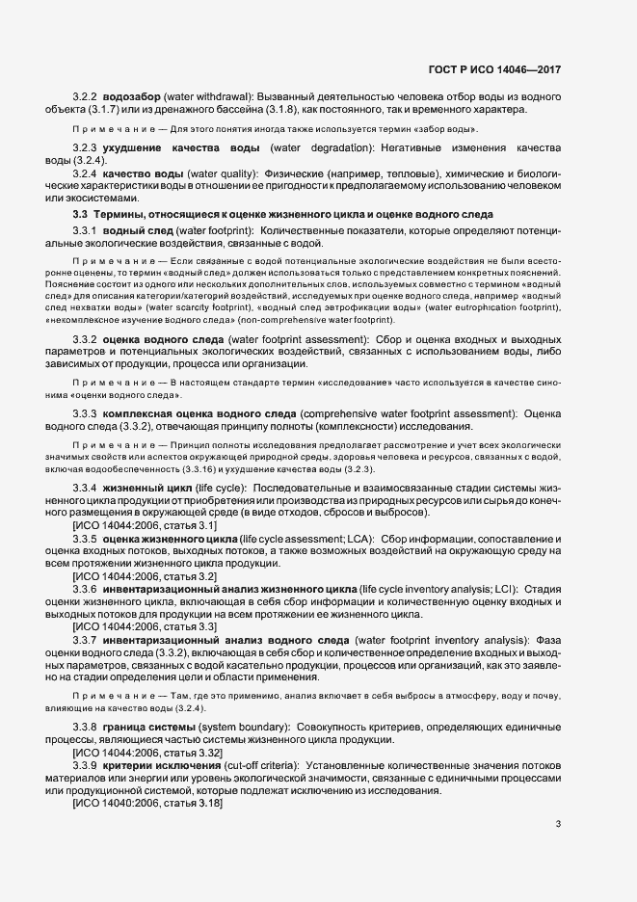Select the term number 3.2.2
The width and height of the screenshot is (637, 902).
click(x=86, y=97)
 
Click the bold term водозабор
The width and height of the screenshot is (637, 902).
click(x=134, y=97)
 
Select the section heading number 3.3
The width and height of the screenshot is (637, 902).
click(x=80, y=213)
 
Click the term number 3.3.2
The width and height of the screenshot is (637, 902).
click(x=86, y=340)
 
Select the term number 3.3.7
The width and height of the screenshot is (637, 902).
click(x=86, y=638)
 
